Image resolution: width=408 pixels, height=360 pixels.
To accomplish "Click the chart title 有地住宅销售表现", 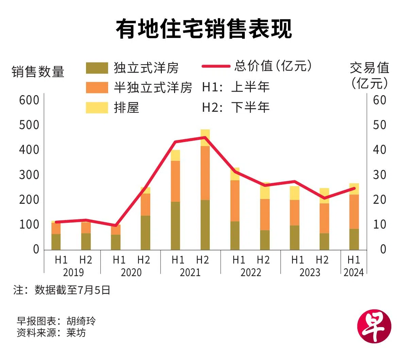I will [x=204, y=29].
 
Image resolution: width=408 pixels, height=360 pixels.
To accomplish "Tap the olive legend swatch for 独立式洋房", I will [x=97, y=68].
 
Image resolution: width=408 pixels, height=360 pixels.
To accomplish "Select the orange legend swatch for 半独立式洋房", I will [x=97, y=87].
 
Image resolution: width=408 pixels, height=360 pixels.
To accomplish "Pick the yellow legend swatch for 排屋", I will [x=97, y=108].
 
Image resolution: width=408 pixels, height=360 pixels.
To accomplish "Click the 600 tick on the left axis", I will [x=29, y=100].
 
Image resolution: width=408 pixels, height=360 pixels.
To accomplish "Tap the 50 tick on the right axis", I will [x=379, y=125].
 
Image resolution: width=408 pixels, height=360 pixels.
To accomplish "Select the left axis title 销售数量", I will [x=38, y=72].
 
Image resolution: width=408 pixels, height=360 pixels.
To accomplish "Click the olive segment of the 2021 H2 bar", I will [x=205, y=225].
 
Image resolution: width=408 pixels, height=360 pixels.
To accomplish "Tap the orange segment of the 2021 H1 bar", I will [x=175, y=181].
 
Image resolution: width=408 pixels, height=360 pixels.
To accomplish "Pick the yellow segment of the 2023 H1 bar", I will [x=294, y=193].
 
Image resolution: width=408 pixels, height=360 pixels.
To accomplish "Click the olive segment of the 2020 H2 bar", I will [x=146, y=233].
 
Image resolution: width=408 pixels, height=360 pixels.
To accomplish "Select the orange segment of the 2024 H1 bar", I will [x=354, y=212].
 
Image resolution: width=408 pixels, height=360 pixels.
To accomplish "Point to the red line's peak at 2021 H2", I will [x=205, y=138].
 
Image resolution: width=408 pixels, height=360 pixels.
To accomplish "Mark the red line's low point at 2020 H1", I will [x=116, y=226].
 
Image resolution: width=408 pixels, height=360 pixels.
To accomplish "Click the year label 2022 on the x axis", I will [x=251, y=272].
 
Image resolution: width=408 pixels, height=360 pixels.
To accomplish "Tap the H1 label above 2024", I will [x=354, y=260].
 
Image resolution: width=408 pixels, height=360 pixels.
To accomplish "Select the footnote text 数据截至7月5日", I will [x=72, y=290].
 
